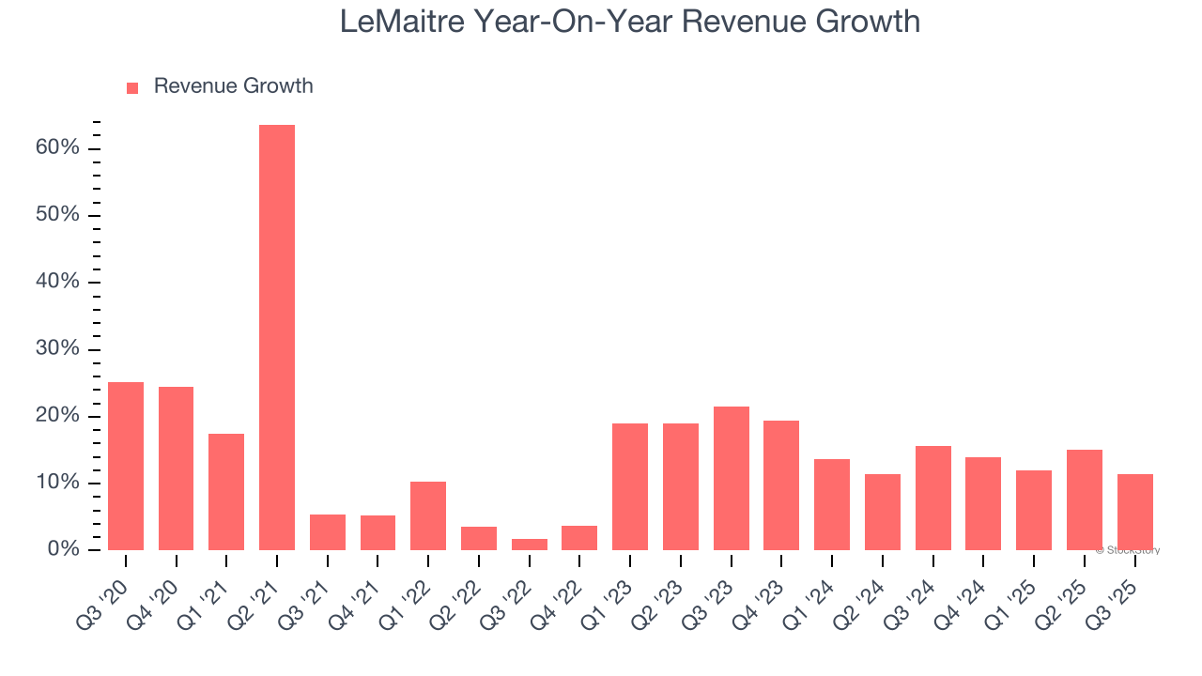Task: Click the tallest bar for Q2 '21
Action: [x=277, y=338]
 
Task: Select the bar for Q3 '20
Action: [x=126, y=466]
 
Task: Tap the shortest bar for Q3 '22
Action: [x=530, y=545]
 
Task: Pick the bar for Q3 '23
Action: [x=732, y=479]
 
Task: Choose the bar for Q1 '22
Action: [x=428, y=515]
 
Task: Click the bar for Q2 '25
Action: [x=1085, y=499]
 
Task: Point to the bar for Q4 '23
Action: [x=781, y=485]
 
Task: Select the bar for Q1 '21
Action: [x=226, y=492]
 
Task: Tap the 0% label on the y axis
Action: [x=63, y=549]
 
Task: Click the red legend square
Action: [x=132, y=87]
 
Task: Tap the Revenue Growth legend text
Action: [x=233, y=86]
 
